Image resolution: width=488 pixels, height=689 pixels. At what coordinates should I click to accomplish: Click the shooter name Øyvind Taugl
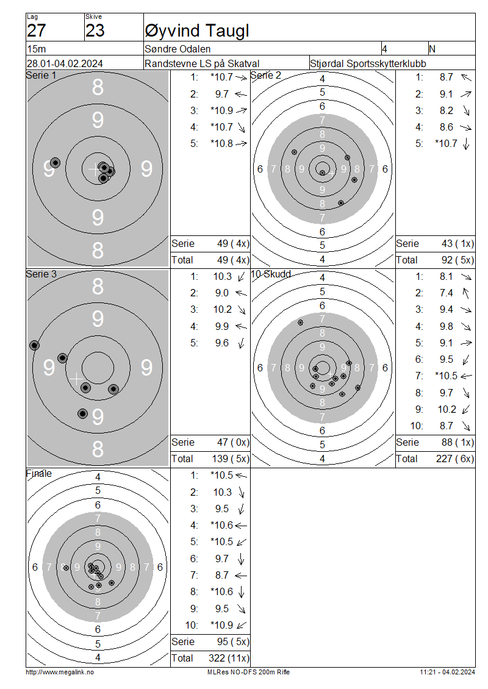coord(197,30)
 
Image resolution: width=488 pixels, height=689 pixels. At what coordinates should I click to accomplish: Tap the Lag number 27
coord(37,30)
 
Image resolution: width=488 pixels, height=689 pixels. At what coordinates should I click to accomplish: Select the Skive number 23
coord(95,30)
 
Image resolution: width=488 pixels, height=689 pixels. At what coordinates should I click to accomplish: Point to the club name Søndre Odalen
coord(178,49)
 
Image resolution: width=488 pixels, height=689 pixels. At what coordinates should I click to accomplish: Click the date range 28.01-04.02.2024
coord(65,63)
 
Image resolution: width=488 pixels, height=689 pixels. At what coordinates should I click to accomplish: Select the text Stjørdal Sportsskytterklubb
coord(368,63)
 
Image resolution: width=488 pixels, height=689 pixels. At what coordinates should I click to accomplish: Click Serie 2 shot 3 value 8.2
coord(447,110)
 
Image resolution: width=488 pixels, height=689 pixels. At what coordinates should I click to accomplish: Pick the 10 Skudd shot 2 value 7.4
coord(447,293)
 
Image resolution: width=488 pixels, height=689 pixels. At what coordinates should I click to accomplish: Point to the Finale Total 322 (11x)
coord(229,658)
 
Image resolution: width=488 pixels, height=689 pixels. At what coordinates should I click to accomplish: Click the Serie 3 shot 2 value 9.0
coord(221,293)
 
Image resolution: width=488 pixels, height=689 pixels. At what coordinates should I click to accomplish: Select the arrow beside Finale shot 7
coord(241,575)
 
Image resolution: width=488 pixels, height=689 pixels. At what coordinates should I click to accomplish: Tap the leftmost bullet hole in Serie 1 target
coord(55,163)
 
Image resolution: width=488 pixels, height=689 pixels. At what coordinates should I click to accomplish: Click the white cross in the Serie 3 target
coord(76,378)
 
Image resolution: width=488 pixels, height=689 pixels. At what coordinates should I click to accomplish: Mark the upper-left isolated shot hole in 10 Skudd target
coord(300,323)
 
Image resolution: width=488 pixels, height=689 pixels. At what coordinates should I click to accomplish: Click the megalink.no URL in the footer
coord(60,672)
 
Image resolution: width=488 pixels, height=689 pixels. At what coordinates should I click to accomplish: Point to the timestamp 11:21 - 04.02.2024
coord(447,672)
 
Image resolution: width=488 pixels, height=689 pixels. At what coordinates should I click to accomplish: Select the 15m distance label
coord(37,49)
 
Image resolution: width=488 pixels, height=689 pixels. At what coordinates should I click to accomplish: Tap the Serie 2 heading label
coord(266,75)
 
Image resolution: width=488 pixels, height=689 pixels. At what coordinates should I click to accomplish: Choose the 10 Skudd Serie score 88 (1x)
coord(457,442)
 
